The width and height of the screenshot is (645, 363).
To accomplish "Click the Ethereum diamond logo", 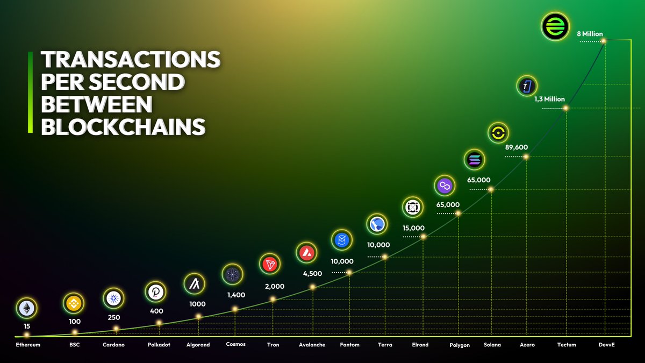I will [26, 308].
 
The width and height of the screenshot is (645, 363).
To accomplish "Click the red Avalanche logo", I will [307, 253].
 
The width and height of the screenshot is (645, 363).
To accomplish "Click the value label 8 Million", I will [590, 34].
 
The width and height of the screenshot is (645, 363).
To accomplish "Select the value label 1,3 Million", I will [549, 99].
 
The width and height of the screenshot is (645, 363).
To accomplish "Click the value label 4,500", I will [312, 274].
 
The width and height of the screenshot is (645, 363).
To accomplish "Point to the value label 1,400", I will [235, 295].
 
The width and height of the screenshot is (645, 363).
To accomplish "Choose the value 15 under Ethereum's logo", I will [26, 326].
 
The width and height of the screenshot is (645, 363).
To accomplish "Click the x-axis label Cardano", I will [113, 345].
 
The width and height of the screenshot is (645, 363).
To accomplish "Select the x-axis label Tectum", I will [567, 345].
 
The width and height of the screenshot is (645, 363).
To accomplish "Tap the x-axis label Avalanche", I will [312, 345].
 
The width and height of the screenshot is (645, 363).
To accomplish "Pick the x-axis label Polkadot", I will [159, 345].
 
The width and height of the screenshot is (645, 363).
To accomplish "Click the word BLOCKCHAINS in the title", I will [123, 127].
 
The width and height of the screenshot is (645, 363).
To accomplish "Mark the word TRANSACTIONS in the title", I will [130, 60].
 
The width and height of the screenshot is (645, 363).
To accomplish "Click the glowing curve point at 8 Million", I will [604, 41].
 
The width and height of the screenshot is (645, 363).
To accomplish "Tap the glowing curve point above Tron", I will [273, 299].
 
